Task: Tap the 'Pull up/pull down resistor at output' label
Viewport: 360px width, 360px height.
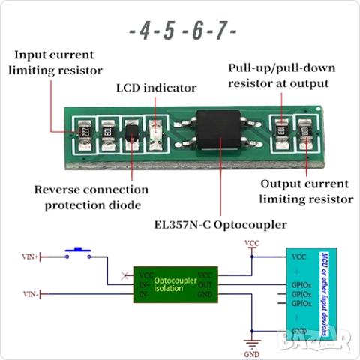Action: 278,75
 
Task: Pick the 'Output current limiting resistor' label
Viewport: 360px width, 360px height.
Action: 304,192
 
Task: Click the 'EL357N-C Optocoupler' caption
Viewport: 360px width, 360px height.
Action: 220,224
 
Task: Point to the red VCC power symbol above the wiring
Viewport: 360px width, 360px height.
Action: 252,243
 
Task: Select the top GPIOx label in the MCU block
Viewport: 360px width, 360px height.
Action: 302,285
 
